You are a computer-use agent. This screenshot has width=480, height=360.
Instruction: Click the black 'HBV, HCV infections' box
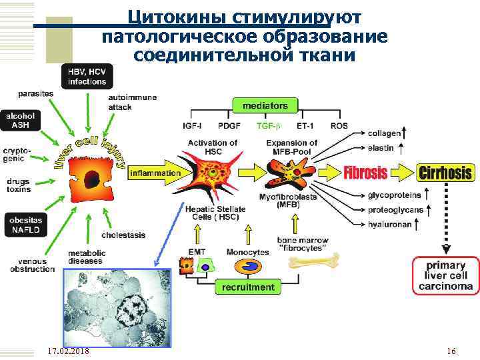[x=87, y=76]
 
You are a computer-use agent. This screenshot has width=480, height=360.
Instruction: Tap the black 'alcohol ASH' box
[x=21, y=120]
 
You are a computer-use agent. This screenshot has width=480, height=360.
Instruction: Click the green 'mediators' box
[x=265, y=105]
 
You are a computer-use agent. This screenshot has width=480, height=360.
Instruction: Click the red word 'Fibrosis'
[x=365, y=173]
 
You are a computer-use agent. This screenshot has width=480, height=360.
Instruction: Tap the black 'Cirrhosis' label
[x=445, y=173]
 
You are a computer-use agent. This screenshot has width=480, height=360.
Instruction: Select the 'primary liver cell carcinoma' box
[x=446, y=276]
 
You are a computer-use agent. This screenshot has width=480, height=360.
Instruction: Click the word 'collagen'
[x=384, y=133]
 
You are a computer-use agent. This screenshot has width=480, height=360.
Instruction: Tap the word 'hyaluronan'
[x=389, y=224]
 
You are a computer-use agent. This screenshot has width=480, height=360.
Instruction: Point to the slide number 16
[x=451, y=351]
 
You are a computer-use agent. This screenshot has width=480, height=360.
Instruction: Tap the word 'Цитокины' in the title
[x=176, y=15]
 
